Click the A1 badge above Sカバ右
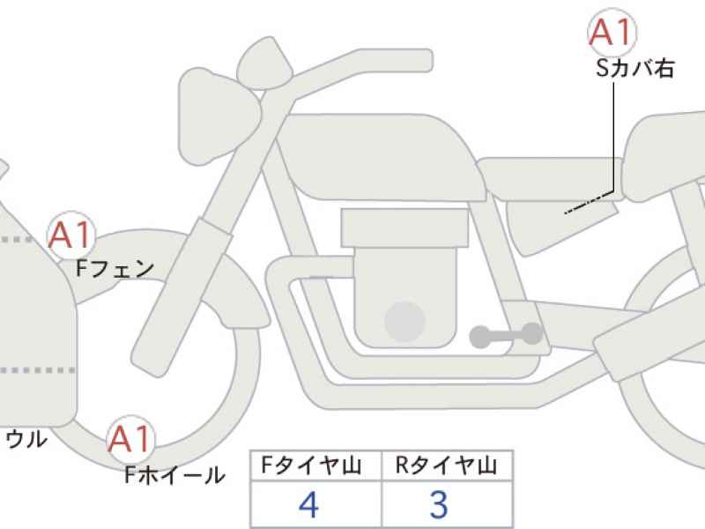pos(612,33)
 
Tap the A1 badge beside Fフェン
pos(71,235)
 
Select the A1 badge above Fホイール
pos(130,438)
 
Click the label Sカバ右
pos(634,69)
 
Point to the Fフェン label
pos(115,269)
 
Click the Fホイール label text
pos(174,474)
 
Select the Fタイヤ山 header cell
pos(315,466)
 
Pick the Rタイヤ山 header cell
pos(447,466)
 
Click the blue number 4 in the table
pos(309,504)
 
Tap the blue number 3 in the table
pos(439,504)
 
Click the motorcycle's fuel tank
pos(380,158)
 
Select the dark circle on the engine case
pos(404,321)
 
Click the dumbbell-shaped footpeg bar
pos(506,336)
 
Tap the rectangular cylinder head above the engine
pos(404,227)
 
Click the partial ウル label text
pos(27,439)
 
